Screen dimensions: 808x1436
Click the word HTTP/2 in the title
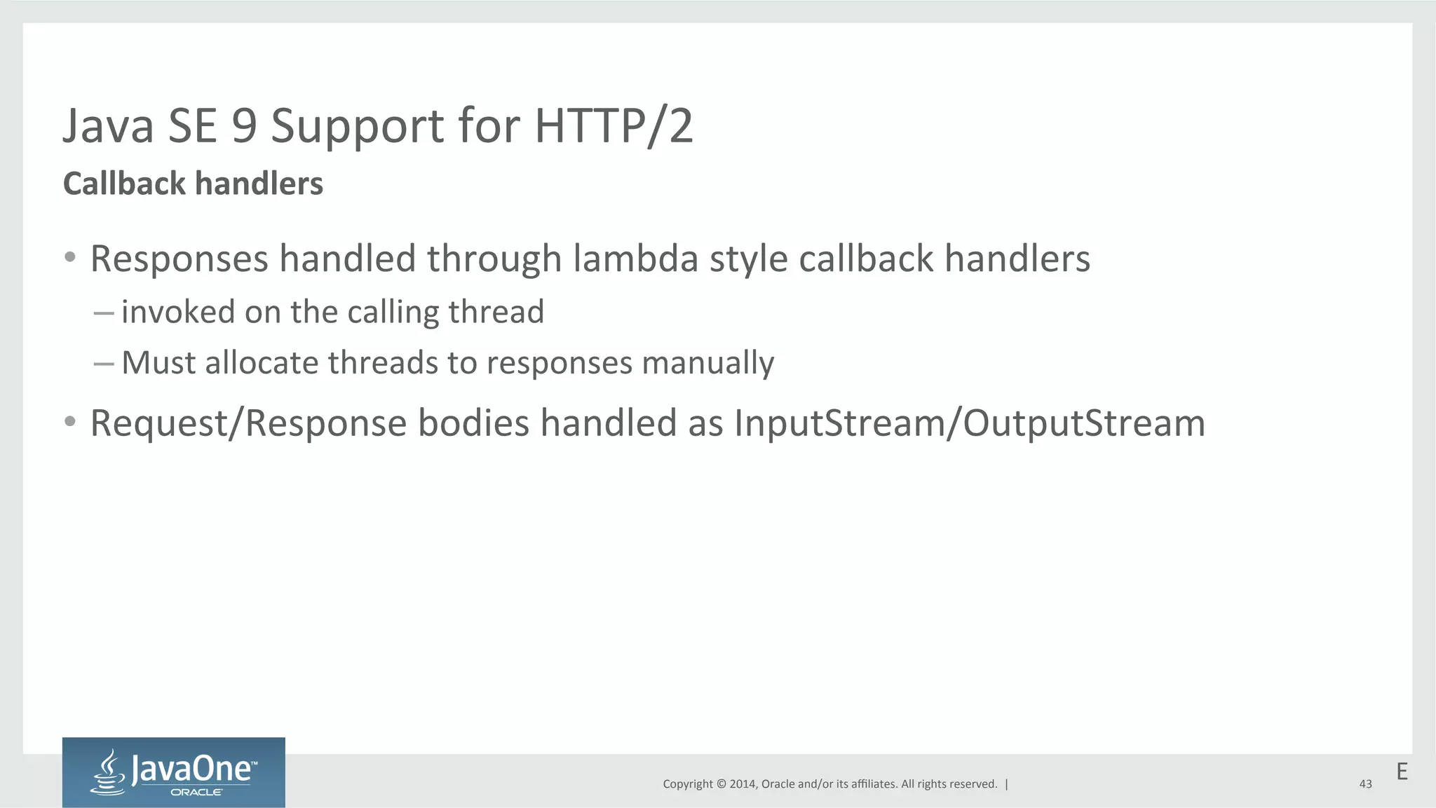tap(614, 126)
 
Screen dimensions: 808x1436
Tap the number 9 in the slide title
tap(244, 126)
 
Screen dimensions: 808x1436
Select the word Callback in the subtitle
tap(124, 184)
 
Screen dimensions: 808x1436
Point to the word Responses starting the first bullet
tap(179, 259)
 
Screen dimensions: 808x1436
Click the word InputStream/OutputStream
tap(970, 423)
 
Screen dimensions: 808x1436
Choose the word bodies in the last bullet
tap(473, 423)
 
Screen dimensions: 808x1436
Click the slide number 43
tap(1365, 784)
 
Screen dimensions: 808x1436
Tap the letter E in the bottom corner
tap(1402, 772)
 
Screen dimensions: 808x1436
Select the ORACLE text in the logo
tap(196, 793)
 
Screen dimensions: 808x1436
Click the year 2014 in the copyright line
tap(742, 784)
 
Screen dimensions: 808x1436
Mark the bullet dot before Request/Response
tap(69, 422)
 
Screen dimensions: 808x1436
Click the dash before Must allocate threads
tap(103, 364)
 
